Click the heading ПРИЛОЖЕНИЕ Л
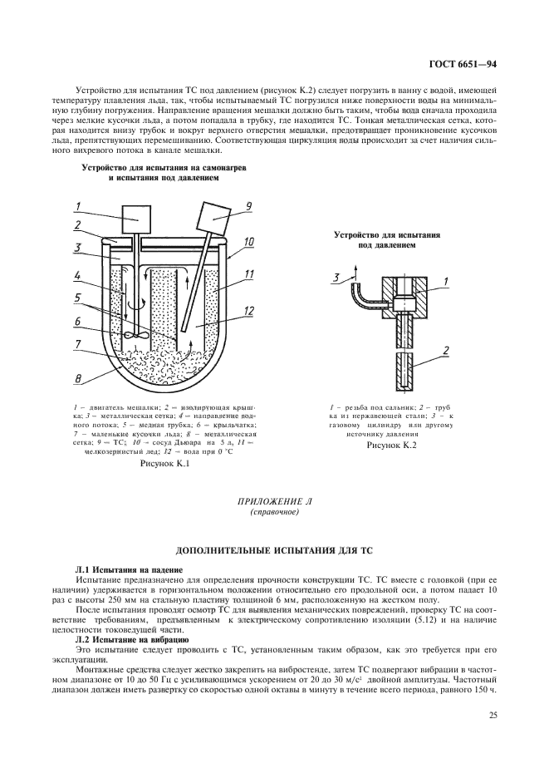pos(273,502)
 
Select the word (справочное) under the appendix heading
pos(273,513)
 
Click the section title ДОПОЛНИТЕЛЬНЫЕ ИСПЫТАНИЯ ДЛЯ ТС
pos(273,552)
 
